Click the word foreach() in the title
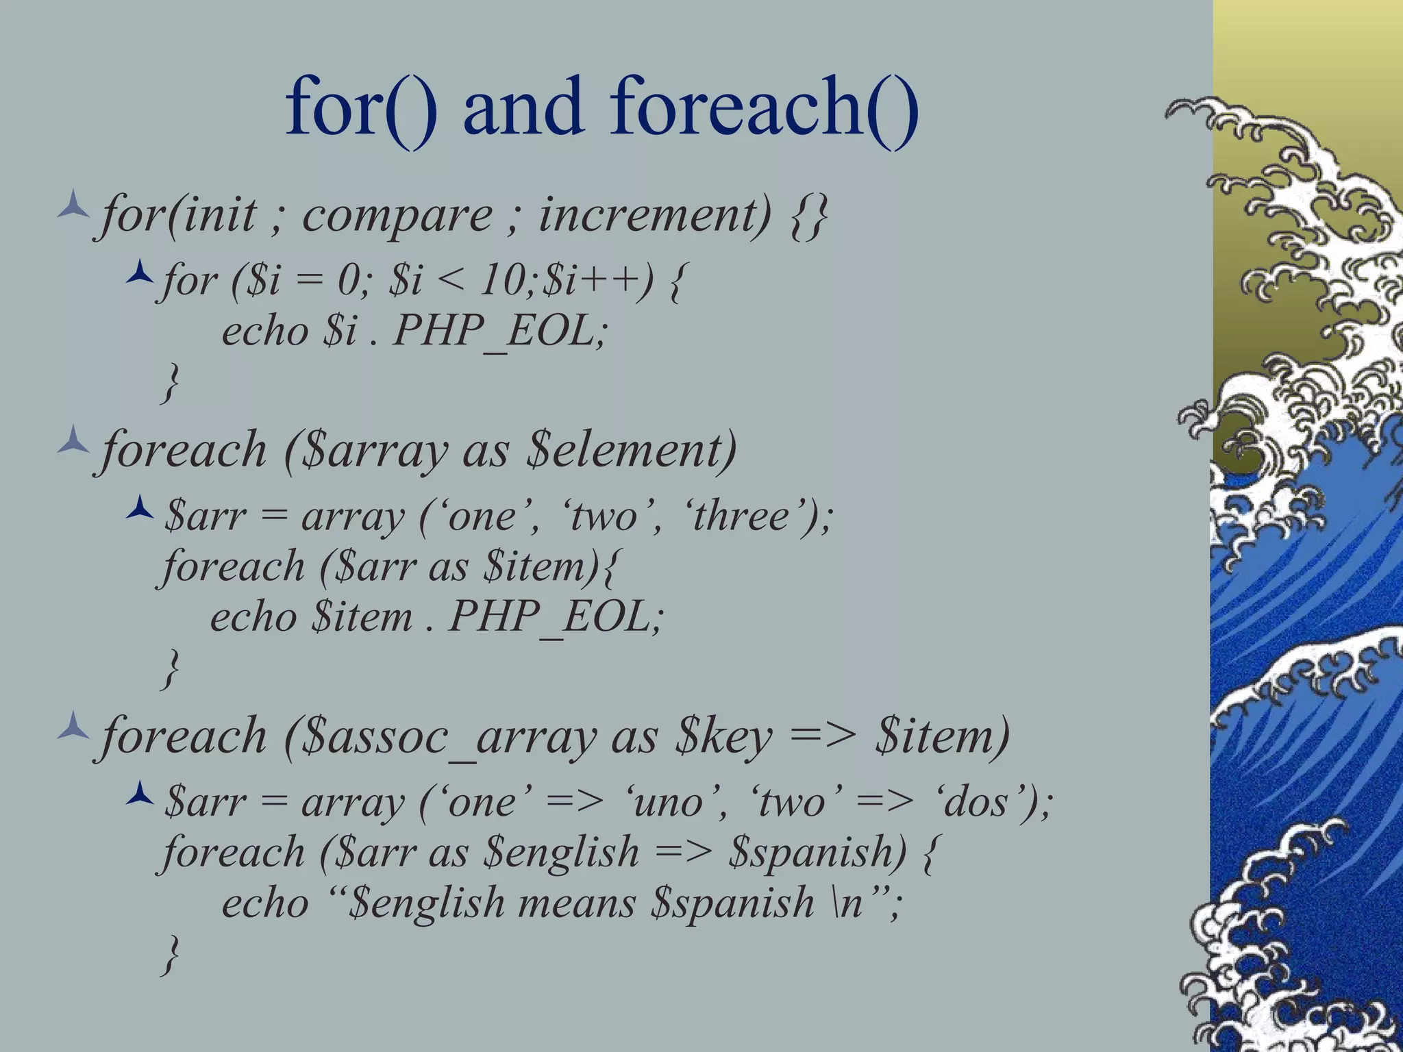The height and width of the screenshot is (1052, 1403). pos(764,108)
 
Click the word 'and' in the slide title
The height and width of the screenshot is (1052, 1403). pos(523,108)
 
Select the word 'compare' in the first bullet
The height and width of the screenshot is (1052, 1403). pos(397,216)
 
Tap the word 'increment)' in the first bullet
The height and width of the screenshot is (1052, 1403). pos(654,216)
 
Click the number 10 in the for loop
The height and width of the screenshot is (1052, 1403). pos(503,281)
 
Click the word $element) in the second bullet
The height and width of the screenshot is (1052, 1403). pos(631,451)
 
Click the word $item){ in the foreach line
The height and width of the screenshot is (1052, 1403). pos(549,568)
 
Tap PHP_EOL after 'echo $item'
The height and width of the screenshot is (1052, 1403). pos(555,617)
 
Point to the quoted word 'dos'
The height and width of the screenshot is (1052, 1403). pos(980,802)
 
